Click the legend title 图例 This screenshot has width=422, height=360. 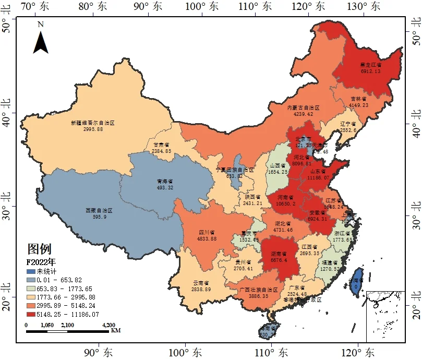(40, 249)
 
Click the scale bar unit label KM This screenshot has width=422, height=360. (116, 331)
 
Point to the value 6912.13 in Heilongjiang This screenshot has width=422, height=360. (370, 71)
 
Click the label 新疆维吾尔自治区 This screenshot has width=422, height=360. (92, 123)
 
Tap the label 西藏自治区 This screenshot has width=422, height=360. (99, 211)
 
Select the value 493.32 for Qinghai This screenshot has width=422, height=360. (164, 187)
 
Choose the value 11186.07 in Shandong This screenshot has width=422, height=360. (320, 177)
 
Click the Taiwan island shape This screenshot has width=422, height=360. (356, 280)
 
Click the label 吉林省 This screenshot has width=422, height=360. (358, 99)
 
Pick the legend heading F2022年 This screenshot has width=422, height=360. (42, 262)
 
